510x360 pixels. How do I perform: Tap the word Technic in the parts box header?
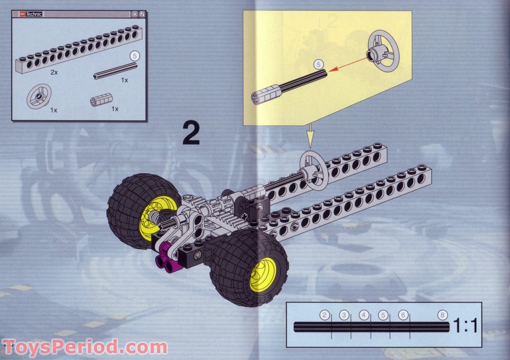point(34,14)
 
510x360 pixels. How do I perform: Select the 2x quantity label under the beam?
point(54,72)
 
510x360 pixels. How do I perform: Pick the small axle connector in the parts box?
point(101,99)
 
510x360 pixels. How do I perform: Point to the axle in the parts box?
point(115,70)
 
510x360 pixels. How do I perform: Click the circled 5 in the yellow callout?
point(318,64)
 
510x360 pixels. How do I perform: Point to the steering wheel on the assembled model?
point(314,170)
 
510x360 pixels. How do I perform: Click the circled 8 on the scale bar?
point(443,315)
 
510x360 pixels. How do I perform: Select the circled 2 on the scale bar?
point(325,315)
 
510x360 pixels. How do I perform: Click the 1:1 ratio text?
point(465,326)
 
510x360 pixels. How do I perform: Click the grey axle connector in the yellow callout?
point(263,96)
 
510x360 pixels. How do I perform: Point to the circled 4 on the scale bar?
point(364,315)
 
